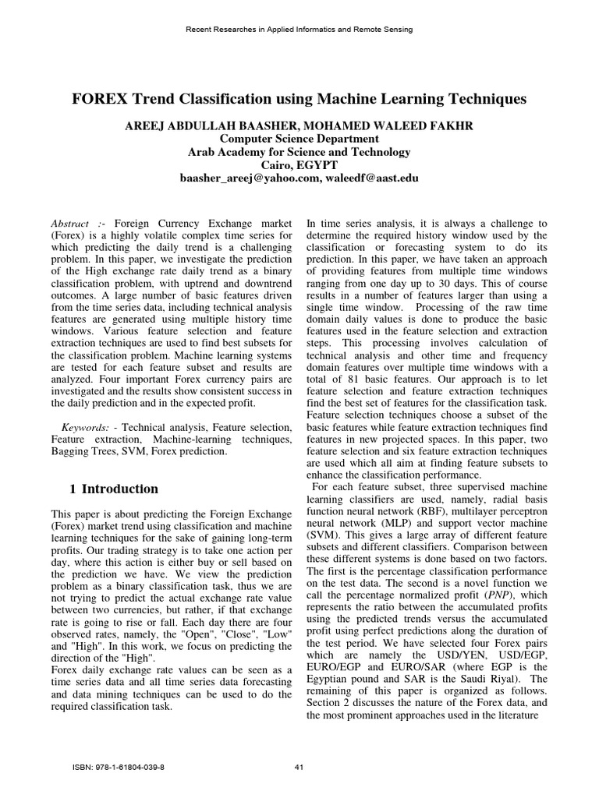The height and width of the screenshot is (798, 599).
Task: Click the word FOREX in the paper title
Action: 100,99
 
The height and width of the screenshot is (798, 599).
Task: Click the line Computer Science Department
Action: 299,139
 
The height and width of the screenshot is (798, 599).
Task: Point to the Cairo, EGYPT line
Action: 299,165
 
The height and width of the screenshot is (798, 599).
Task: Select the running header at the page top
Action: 299,29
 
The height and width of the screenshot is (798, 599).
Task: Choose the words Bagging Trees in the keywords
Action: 85,452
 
